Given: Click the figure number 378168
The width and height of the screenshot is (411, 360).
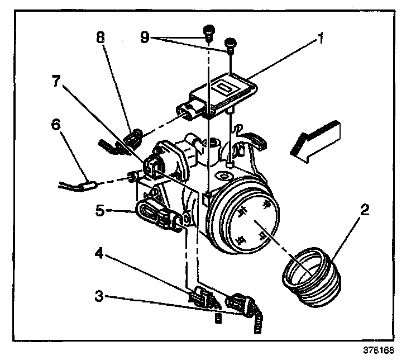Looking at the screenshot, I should [x=379, y=350].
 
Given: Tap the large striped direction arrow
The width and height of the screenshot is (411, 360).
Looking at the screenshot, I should [x=316, y=140].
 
